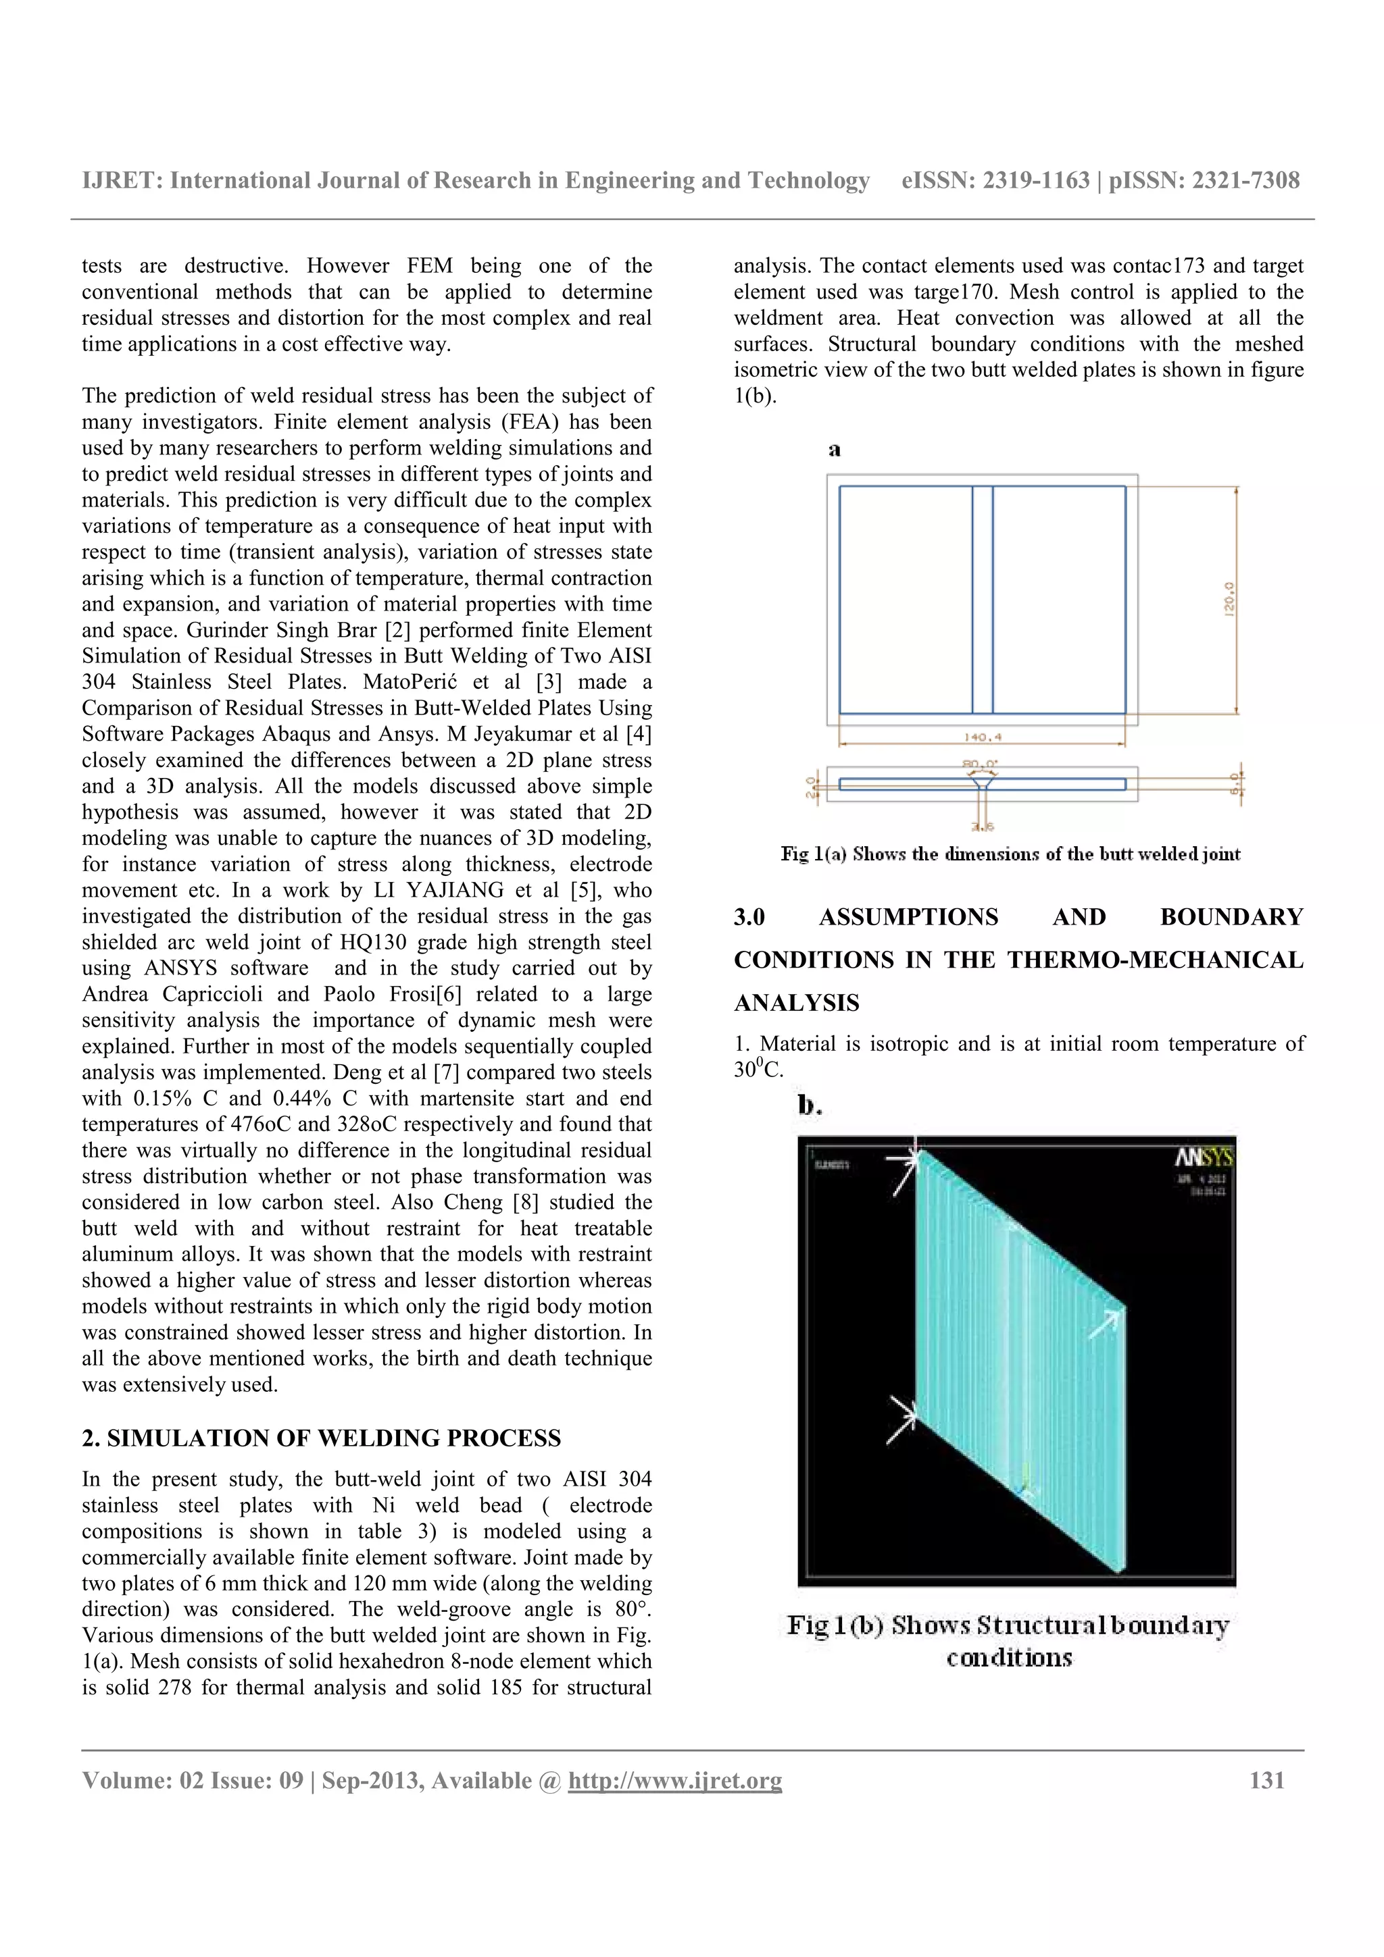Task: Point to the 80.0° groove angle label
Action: pyautogui.click(x=981, y=764)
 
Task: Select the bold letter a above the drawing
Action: pyautogui.click(x=834, y=449)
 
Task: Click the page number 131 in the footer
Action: pyautogui.click(x=1266, y=1779)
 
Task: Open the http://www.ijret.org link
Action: pyautogui.click(x=674, y=1779)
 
